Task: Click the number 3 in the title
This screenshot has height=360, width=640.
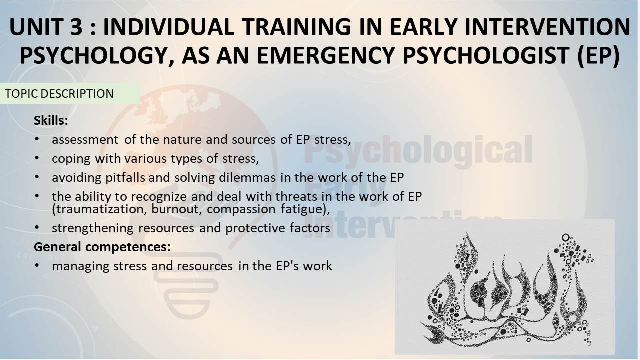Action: coord(77,27)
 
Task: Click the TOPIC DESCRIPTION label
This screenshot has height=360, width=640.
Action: coord(59,94)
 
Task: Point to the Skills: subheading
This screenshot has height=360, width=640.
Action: coord(51,120)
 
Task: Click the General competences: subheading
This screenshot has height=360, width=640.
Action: coord(102,247)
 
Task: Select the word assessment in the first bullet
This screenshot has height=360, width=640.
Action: coord(85,140)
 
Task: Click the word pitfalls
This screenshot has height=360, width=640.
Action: coord(125,178)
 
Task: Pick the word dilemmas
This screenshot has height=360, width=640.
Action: coord(247,177)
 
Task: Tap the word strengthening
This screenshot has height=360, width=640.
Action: coord(93,228)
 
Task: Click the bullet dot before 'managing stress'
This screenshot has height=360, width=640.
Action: coord(37,265)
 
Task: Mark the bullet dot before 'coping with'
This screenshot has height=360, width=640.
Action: coord(37,158)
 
